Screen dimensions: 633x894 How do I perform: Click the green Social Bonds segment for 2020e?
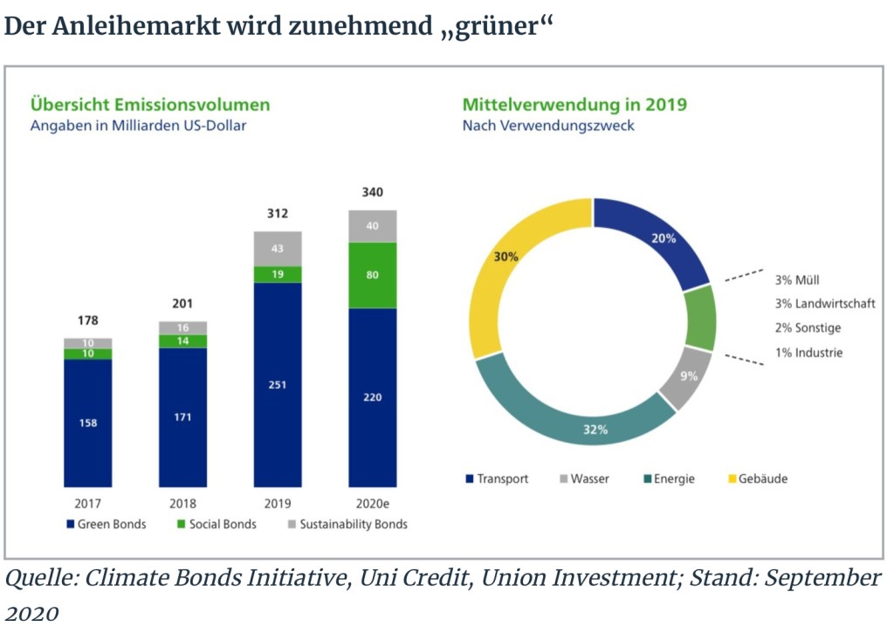(373, 275)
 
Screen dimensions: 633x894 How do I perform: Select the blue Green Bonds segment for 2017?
(87, 423)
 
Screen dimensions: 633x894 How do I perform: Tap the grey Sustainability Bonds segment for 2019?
(278, 249)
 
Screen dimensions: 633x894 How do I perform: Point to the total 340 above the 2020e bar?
(373, 192)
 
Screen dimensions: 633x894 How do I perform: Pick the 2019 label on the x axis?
(278, 504)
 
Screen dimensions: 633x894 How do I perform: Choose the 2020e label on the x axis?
(373, 504)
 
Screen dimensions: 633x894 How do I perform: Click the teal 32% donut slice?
(576, 410)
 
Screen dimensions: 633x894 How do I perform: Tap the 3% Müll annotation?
(797, 280)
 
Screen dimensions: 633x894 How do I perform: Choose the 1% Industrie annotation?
(808, 354)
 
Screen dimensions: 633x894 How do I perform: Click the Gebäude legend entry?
(757, 479)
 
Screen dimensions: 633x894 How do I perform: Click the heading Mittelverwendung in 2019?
(574, 105)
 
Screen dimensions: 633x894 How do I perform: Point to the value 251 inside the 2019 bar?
(278, 385)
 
